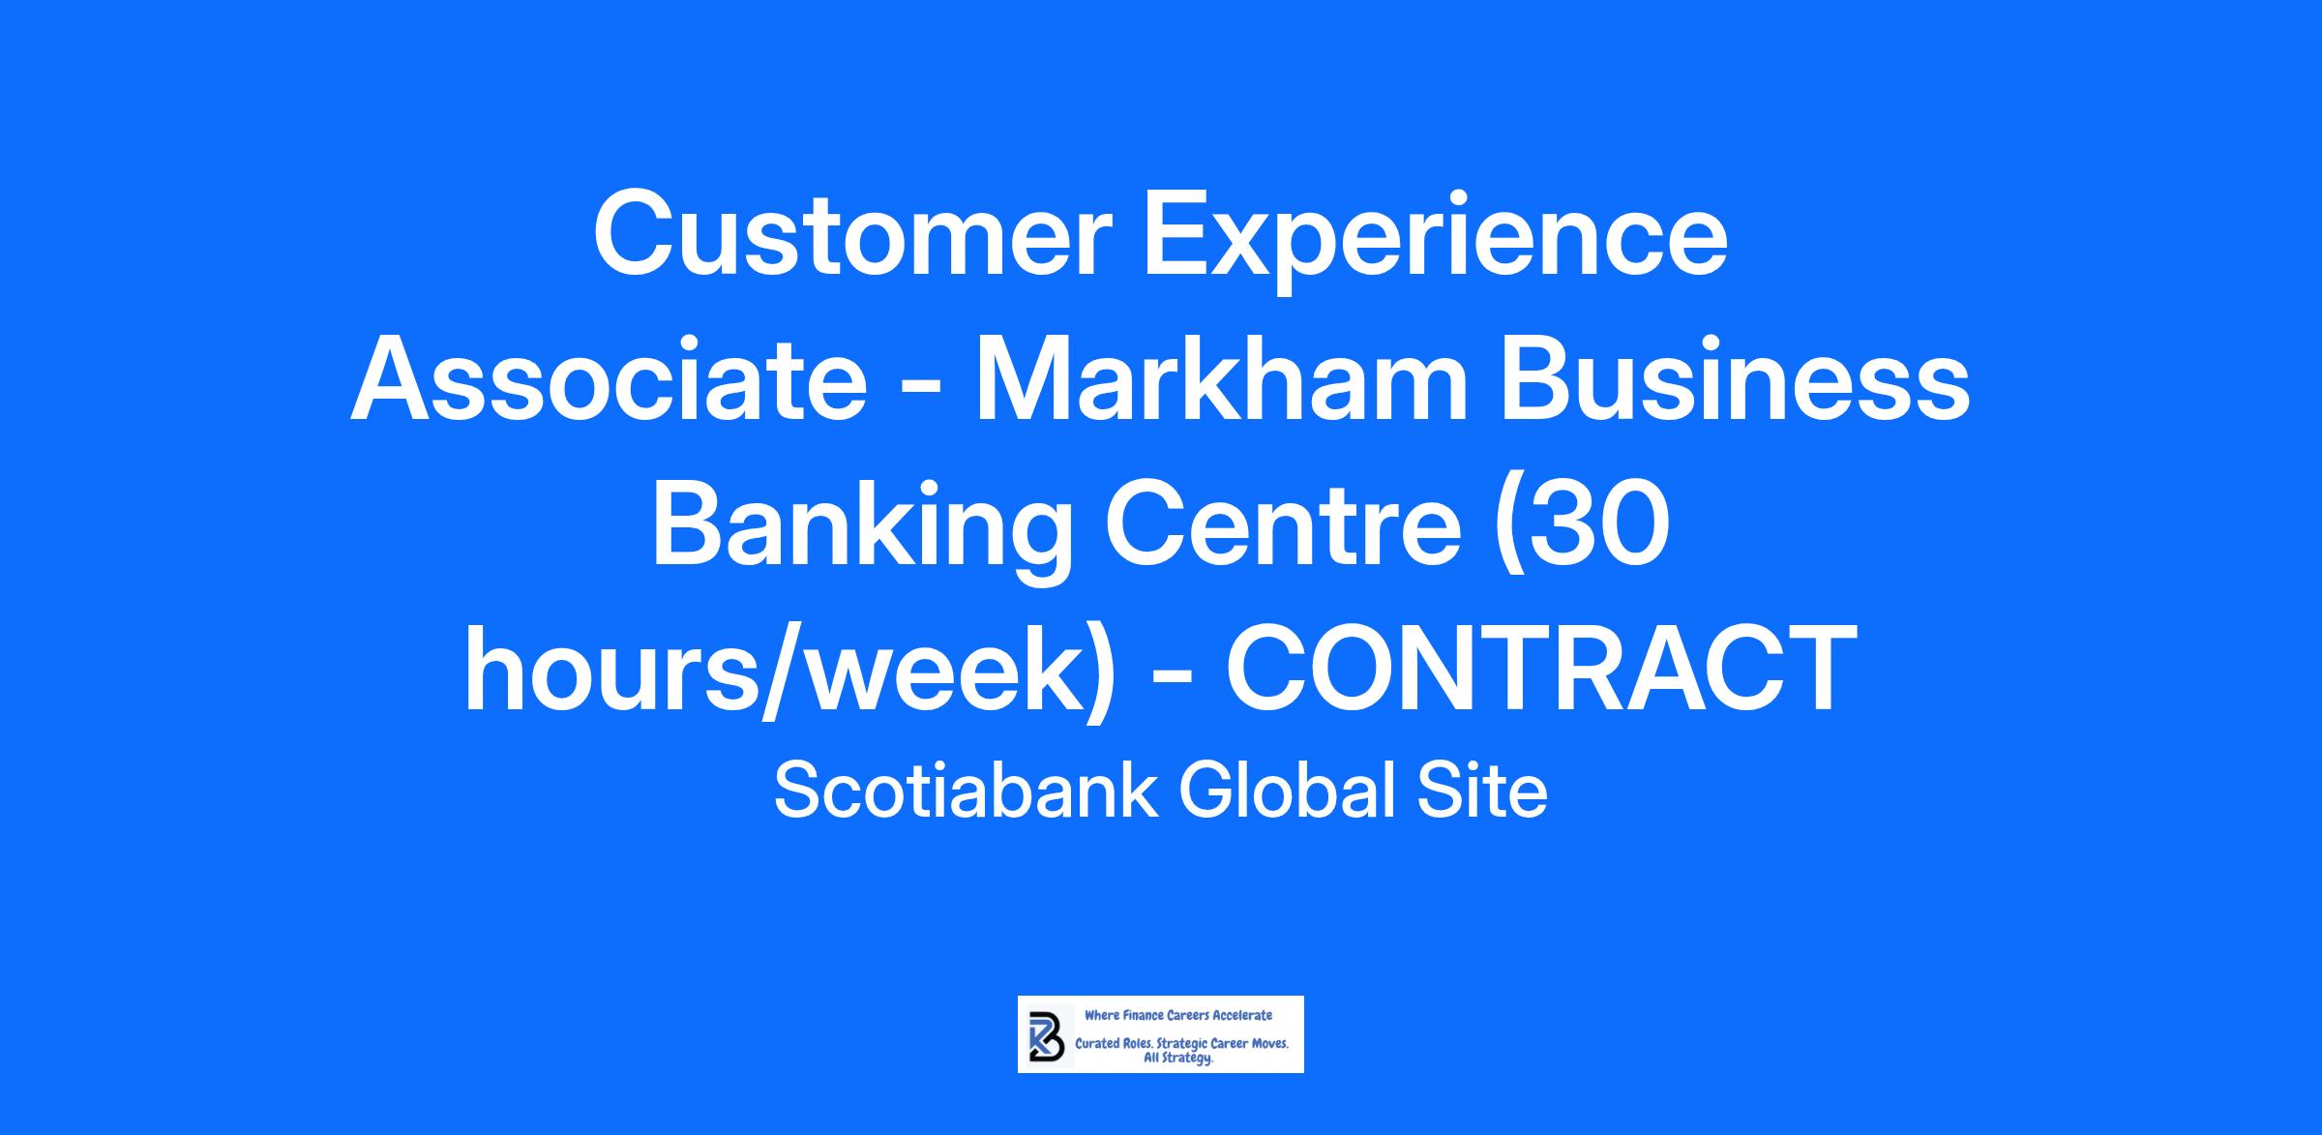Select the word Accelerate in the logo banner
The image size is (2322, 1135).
coord(1242,1015)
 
